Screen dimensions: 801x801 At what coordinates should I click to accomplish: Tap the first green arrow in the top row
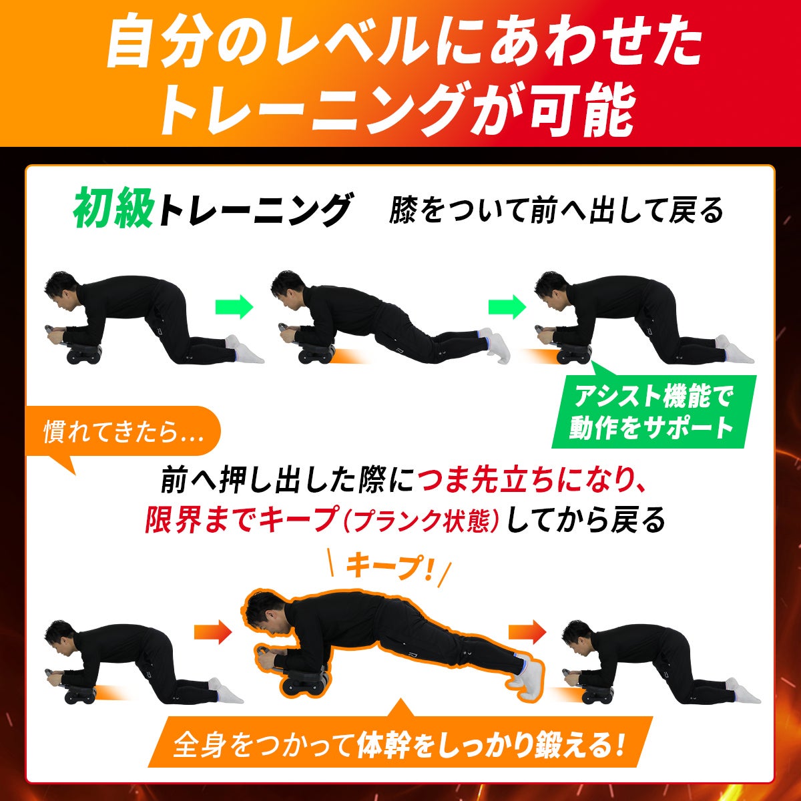click(234, 307)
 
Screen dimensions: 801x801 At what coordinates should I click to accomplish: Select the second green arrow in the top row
click(507, 307)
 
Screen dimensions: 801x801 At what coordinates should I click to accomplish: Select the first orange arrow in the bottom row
click(213, 632)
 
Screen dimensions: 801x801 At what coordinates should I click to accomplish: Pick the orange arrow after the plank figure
click(527, 632)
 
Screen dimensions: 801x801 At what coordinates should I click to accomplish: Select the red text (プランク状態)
click(421, 521)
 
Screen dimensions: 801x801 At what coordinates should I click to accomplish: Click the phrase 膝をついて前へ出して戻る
click(556, 210)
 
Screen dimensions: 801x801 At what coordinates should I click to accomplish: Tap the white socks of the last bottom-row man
click(743, 690)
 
